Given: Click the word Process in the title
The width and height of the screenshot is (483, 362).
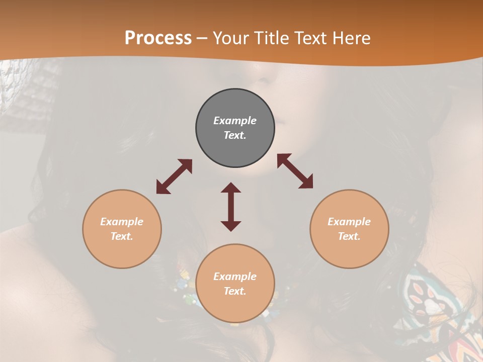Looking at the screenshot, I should click(x=158, y=38).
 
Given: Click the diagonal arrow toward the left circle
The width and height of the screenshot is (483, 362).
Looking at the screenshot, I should click(x=174, y=176).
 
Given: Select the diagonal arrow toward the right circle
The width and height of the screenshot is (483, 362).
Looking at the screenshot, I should click(x=295, y=171).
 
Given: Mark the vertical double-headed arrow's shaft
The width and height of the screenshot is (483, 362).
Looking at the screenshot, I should click(x=231, y=207).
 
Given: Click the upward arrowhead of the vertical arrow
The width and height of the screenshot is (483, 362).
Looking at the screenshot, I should click(x=231, y=187).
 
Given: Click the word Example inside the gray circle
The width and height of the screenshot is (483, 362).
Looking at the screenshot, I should click(x=235, y=121).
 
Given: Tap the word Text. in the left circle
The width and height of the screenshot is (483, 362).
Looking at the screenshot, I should click(x=122, y=236).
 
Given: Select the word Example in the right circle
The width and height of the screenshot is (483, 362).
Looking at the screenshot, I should click(x=349, y=222).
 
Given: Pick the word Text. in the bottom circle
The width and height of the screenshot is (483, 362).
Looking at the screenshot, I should click(x=235, y=291).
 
